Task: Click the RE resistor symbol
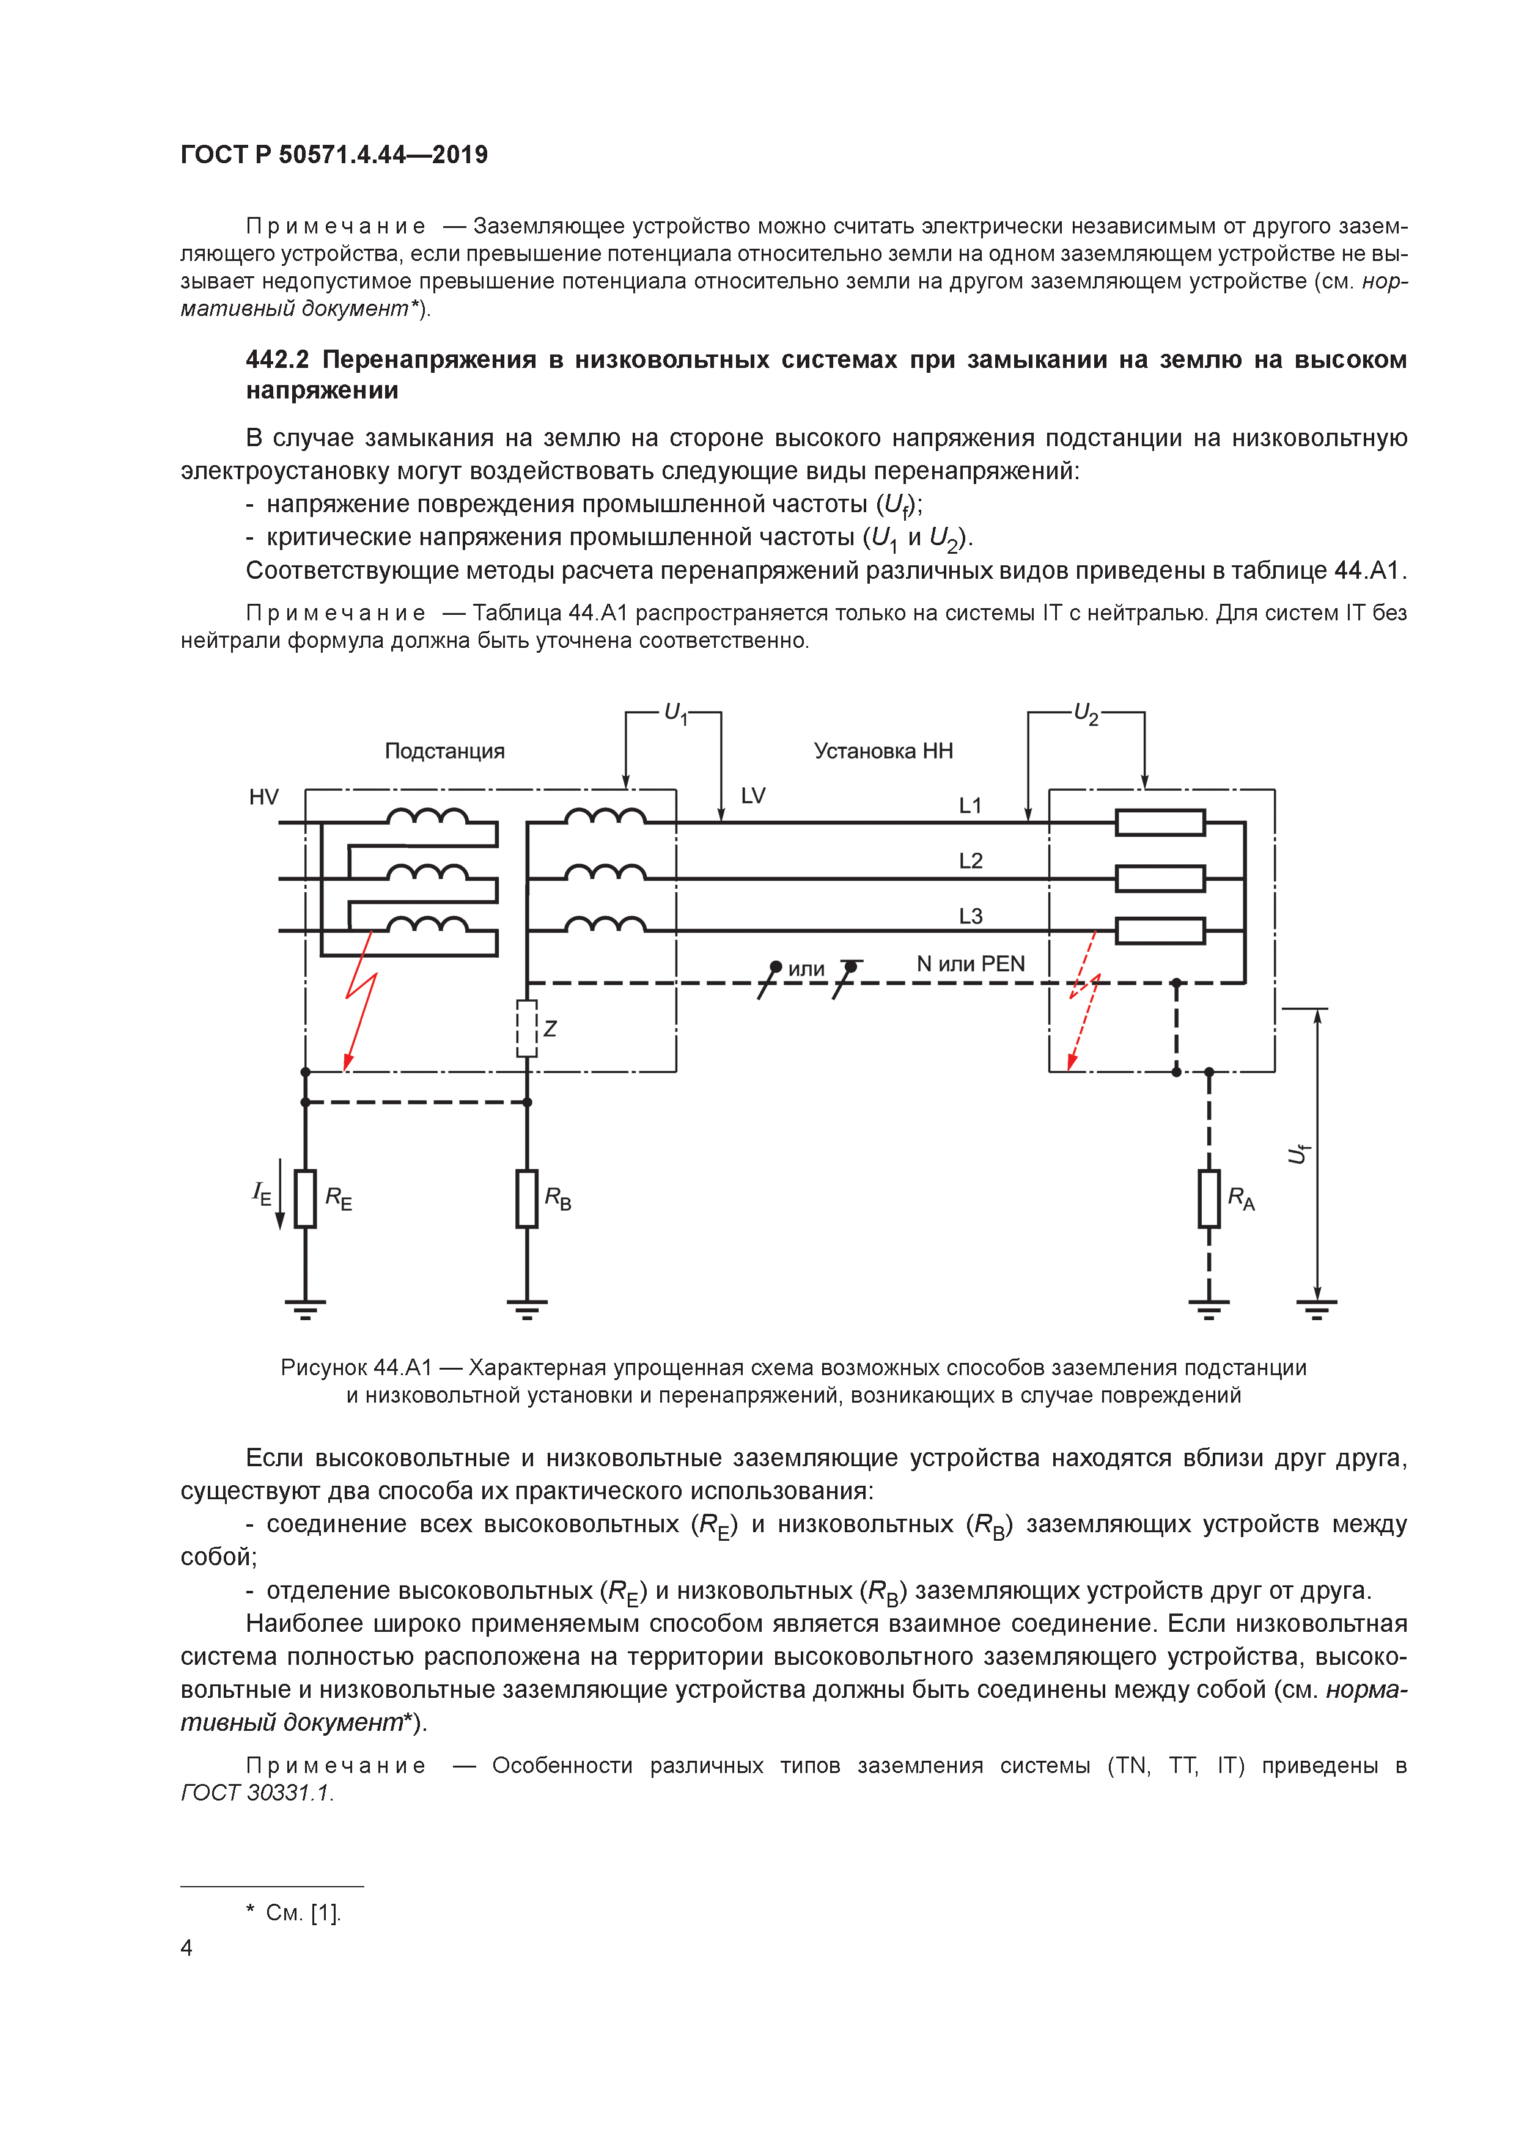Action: [306, 1198]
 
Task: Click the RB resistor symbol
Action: [527, 1198]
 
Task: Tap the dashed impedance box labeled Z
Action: [527, 1028]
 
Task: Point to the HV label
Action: [263, 796]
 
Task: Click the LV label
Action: [753, 796]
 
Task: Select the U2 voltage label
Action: [1086, 715]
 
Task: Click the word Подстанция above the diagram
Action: [444, 751]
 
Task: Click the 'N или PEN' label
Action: [971, 964]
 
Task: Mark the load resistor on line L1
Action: [1160, 823]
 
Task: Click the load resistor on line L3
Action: [1160, 931]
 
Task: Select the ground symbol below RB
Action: [527, 1306]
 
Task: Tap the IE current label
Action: [262, 1192]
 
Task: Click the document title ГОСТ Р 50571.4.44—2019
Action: [334, 155]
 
